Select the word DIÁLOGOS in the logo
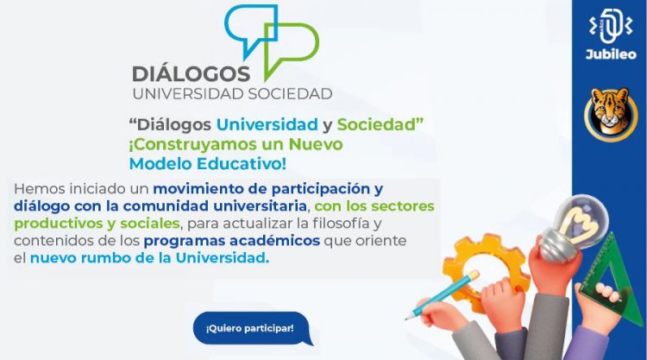click(191, 74)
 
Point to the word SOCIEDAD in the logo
click(290, 94)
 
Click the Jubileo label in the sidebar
click(611, 54)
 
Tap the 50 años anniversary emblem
click(611, 26)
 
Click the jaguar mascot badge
click(611, 114)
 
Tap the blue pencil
click(442, 294)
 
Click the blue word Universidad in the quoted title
click(267, 124)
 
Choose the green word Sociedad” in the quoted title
click(380, 124)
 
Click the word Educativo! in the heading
click(242, 163)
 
